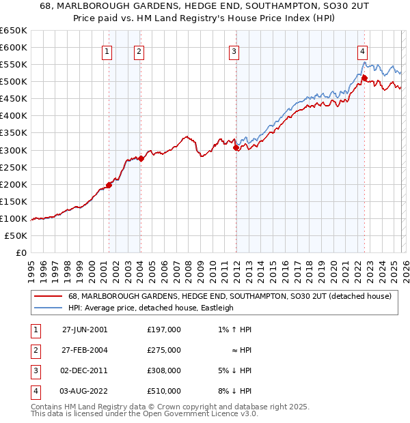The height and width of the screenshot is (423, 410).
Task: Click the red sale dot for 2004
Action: click(141, 158)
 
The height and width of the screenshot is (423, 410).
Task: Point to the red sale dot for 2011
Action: click(235, 147)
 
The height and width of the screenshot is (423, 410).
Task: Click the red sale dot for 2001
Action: click(109, 185)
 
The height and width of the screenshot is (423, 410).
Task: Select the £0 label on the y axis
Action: click(20, 252)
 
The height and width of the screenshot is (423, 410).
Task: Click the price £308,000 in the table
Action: click(163, 371)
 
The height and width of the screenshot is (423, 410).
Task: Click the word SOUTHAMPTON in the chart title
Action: click(222, 7)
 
